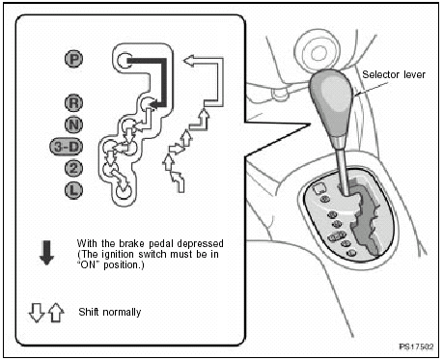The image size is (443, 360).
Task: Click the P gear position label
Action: tap(72, 60)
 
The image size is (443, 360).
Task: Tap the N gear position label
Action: tap(73, 124)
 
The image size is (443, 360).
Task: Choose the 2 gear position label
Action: tap(73, 168)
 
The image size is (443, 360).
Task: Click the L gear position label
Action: tap(73, 189)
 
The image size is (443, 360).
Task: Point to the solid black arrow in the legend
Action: tap(46, 253)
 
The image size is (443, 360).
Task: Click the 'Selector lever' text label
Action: tap(392, 73)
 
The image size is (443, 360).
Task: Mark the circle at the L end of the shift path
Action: tap(123, 191)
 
